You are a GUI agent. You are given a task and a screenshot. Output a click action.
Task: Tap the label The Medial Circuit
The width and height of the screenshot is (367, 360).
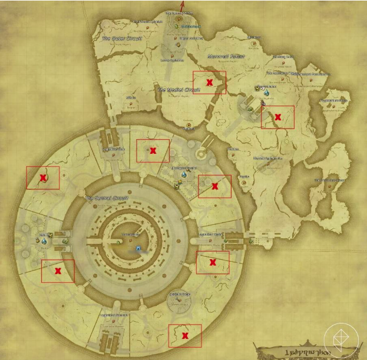pyautogui.click(x=178, y=90)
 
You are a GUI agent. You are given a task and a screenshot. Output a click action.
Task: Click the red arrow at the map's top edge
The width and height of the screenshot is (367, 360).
pyautogui.click(x=181, y=5)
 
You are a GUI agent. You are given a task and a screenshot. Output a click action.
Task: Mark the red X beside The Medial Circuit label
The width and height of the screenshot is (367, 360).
pyautogui.click(x=210, y=82)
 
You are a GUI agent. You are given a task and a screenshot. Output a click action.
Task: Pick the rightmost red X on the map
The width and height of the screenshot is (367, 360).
pyautogui.click(x=277, y=117)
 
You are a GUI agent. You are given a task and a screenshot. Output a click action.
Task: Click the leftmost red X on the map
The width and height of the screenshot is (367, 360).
pyautogui.click(x=43, y=177)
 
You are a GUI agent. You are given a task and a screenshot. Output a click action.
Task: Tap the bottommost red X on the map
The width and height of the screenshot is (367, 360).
pyautogui.click(x=185, y=335)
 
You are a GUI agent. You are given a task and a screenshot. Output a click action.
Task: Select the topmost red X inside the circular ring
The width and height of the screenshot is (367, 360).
pyautogui.click(x=153, y=150)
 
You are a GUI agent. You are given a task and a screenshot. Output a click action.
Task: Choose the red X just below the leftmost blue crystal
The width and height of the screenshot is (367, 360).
pyautogui.click(x=58, y=270)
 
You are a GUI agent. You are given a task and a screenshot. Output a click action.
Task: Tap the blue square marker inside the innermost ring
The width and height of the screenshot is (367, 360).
pyautogui.click(x=138, y=249)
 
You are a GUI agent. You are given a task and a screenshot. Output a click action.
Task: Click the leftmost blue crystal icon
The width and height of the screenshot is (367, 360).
pyautogui.click(x=49, y=236)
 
